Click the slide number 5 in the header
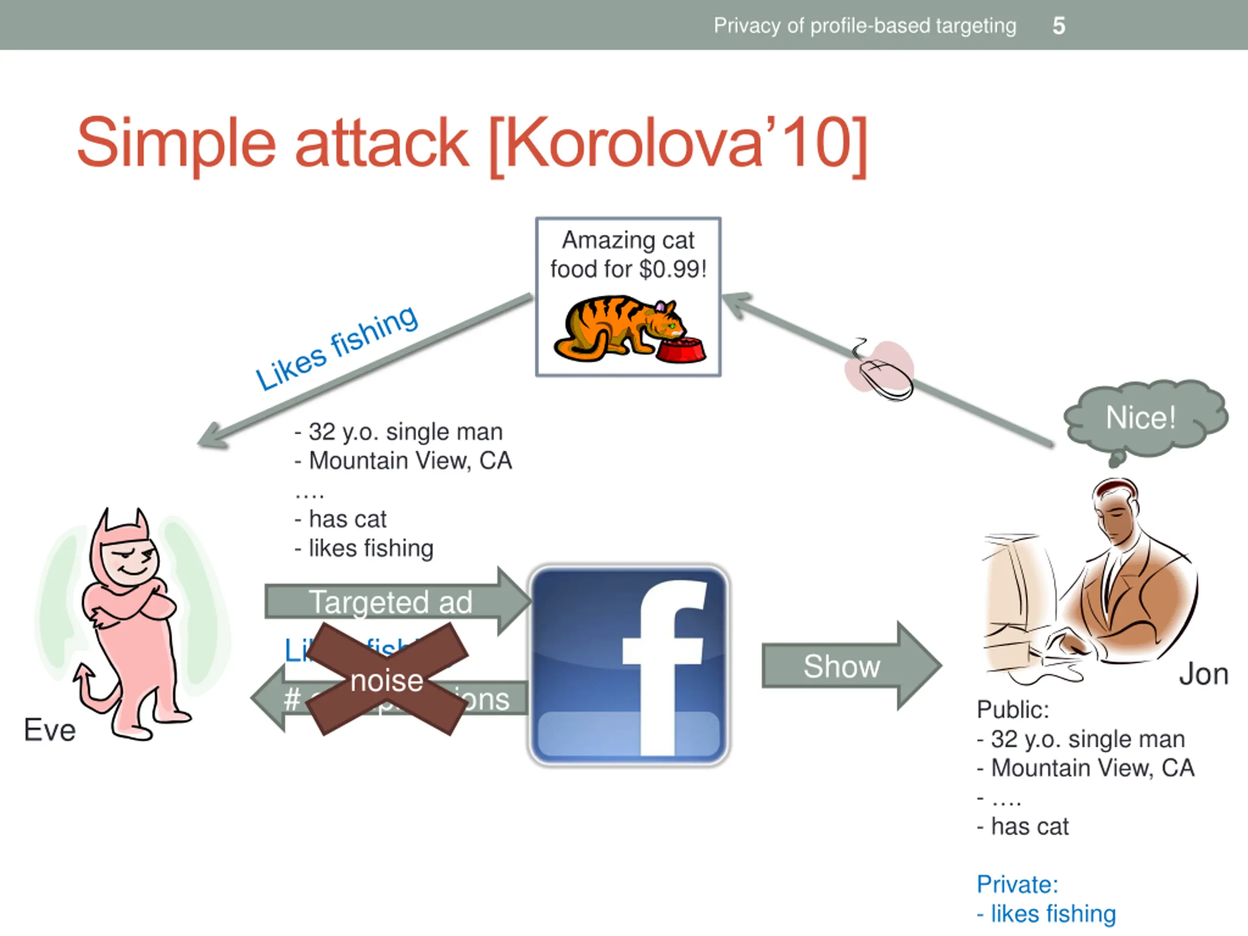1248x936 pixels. click(x=1058, y=26)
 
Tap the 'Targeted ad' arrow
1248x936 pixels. click(x=390, y=602)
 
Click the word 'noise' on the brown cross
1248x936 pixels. click(x=387, y=681)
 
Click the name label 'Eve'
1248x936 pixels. click(x=50, y=730)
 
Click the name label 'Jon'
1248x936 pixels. click(x=1204, y=674)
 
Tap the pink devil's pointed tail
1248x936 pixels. click(x=85, y=677)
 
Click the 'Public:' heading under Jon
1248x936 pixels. click(x=1013, y=710)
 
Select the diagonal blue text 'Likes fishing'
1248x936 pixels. click(x=336, y=348)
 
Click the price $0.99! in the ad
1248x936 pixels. click(x=673, y=269)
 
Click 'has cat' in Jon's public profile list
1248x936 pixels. click(x=1030, y=826)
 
